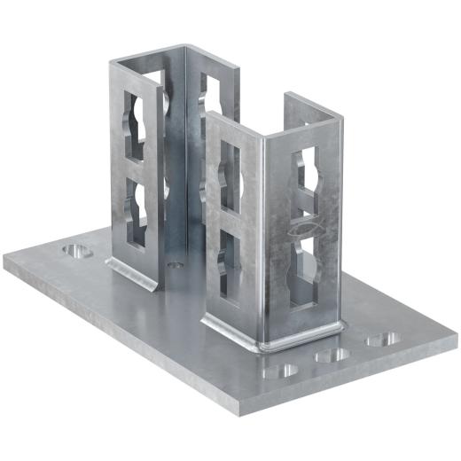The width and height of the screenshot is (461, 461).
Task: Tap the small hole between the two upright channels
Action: click(x=176, y=263)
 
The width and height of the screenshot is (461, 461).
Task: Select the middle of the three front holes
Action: click(x=333, y=355)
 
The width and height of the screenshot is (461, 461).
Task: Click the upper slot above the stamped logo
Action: click(x=307, y=173)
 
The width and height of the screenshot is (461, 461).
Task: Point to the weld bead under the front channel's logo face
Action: click(x=301, y=336)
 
